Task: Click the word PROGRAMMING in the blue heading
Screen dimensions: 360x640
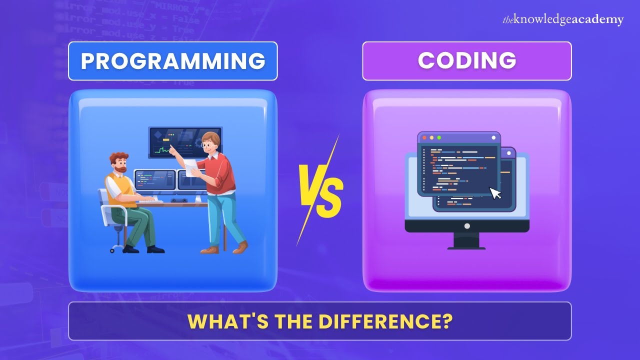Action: (172, 61)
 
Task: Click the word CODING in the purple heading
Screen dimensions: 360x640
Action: (466, 61)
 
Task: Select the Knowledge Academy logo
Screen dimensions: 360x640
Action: (563, 19)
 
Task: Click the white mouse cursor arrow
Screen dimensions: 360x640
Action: (495, 193)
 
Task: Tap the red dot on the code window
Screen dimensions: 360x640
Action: (424, 137)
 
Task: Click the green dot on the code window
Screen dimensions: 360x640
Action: (439, 137)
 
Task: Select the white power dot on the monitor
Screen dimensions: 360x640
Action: (467, 226)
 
